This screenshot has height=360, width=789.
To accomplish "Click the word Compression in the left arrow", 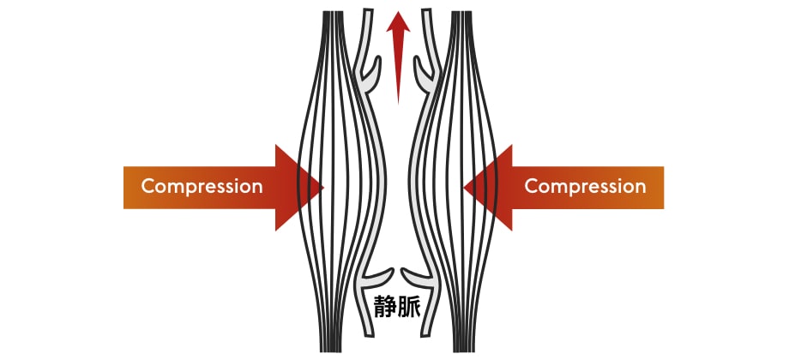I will click(202, 186).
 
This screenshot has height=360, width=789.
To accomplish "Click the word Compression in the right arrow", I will click(585, 186).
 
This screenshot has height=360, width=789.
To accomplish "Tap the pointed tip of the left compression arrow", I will click(322, 187).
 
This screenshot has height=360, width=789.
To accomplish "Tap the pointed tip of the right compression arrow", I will click(465, 187).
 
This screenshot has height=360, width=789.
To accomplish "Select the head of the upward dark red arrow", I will click(396, 26).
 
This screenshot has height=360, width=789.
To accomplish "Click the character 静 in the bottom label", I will click(382, 306).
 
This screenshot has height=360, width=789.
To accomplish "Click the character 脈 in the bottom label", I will click(408, 306).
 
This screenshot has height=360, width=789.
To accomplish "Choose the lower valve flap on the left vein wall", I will click(377, 276).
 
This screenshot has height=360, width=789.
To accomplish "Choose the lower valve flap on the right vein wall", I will click(415, 276).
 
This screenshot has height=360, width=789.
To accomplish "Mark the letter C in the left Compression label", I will click(148, 186).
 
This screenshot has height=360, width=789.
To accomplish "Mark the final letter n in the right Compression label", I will click(640, 186).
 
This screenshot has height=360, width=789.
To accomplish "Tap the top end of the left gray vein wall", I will click(369, 13).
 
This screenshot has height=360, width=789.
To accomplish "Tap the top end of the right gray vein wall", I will click(425, 13).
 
